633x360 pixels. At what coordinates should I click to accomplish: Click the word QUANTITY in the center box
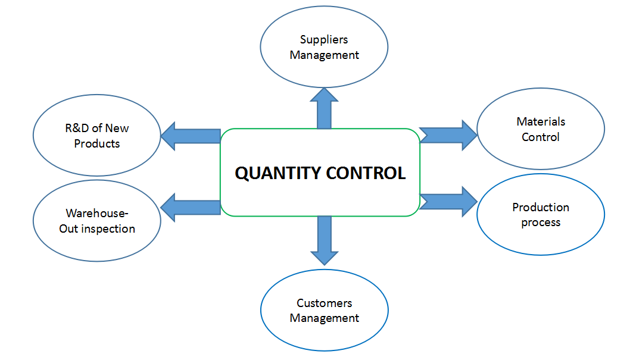click(x=277, y=173)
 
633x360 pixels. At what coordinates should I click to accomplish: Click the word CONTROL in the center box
click(x=366, y=173)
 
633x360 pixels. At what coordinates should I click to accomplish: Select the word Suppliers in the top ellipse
click(x=324, y=39)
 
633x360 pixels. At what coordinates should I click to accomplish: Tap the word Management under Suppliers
click(x=324, y=55)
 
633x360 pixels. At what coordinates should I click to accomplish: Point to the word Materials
click(x=541, y=121)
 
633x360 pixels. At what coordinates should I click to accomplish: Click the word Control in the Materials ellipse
click(x=541, y=137)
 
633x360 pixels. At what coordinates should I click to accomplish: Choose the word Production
click(x=541, y=207)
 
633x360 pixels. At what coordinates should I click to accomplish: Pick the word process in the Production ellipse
click(x=541, y=223)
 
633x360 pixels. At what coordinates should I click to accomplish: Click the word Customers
click(x=324, y=303)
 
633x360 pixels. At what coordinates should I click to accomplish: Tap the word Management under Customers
click(x=324, y=318)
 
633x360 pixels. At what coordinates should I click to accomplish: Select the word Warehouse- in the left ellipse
click(x=97, y=213)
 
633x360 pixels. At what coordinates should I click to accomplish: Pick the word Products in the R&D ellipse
click(x=97, y=143)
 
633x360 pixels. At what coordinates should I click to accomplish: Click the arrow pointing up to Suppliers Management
click(x=324, y=108)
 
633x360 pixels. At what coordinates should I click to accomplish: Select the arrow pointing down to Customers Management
click(x=324, y=240)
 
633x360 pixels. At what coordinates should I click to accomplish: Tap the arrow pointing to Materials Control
click(x=448, y=135)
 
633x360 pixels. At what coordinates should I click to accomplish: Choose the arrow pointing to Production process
click(x=448, y=201)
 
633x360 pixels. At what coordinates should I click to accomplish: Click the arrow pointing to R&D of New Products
click(x=191, y=136)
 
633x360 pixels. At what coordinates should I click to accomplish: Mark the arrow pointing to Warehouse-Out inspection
click(x=191, y=208)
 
